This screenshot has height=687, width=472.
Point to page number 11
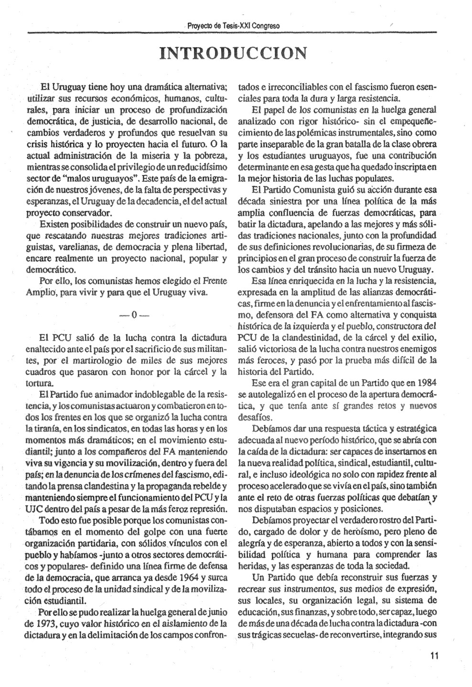pos(434,656)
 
